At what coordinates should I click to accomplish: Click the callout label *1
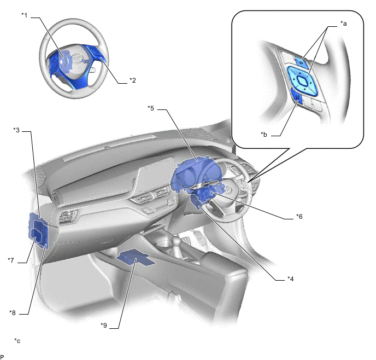pyautogui.click(x=25, y=15)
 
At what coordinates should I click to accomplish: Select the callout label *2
pyautogui.click(x=133, y=80)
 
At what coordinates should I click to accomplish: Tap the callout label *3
pyautogui.click(x=16, y=130)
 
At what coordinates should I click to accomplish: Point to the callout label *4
pyautogui.click(x=290, y=279)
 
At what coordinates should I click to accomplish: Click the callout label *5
pyautogui.click(x=151, y=108)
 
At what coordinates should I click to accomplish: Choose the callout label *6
pyautogui.click(x=299, y=217)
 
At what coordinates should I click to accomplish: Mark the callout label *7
pyautogui.click(x=11, y=260)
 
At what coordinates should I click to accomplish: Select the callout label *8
pyautogui.click(x=13, y=313)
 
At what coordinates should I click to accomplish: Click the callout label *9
pyautogui.click(x=104, y=326)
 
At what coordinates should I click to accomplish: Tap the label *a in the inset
pyautogui.click(x=344, y=24)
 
